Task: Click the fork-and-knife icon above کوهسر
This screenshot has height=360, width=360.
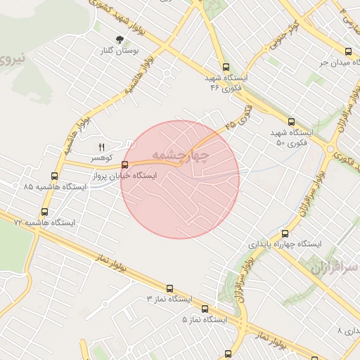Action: (101, 147)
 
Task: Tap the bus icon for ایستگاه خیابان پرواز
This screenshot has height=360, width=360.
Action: (125, 165)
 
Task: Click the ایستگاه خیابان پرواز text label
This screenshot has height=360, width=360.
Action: (145, 176)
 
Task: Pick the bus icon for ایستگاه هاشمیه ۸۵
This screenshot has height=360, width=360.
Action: (55, 176)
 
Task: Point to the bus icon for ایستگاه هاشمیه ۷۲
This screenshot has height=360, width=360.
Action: (45, 211)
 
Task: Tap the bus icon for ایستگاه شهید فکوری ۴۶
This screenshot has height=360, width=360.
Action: (224, 67)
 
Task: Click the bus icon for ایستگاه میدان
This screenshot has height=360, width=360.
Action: (349, 51)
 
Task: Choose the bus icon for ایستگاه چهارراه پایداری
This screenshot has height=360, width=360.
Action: (284, 233)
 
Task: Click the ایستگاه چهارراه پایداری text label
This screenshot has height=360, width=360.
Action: (285, 244)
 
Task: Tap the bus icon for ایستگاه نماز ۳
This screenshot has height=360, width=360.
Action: (169, 288)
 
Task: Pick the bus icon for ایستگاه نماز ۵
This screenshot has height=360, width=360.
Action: (205, 308)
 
